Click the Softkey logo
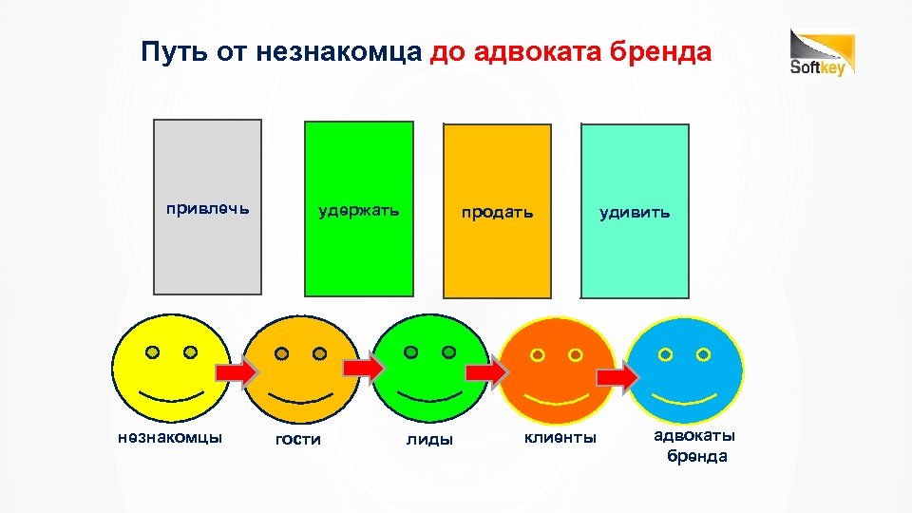click(x=823, y=53)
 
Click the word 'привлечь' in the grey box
click(x=208, y=207)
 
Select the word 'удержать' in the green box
click(x=358, y=209)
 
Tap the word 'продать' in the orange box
click(x=498, y=212)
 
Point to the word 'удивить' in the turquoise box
click(x=635, y=212)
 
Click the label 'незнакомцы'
click(x=170, y=437)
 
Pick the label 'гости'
click(x=298, y=439)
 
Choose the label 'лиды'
click(x=429, y=439)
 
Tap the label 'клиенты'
click(x=561, y=437)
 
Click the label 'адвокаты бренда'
click(x=695, y=446)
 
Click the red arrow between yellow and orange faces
click(x=235, y=373)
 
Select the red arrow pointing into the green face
click(x=363, y=368)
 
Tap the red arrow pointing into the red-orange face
click(x=487, y=372)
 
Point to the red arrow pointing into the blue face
click(x=617, y=378)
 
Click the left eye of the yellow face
click(x=152, y=352)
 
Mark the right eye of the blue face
click(x=703, y=354)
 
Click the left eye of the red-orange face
click(x=538, y=355)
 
